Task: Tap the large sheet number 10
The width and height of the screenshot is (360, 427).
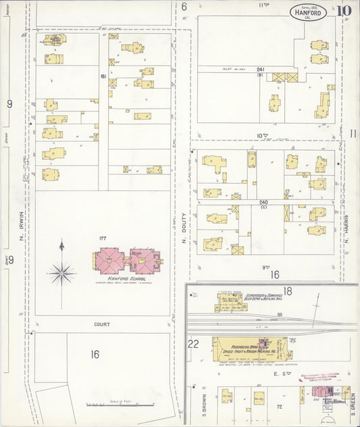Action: coord(345,11)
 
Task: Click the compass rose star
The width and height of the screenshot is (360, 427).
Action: coord(61,272)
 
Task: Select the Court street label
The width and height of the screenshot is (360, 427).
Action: coord(102,324)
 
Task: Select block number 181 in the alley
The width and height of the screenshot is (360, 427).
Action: coord(103,76)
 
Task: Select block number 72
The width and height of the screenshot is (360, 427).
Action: coord(278,407)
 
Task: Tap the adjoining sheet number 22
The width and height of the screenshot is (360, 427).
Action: coord(193,344)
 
